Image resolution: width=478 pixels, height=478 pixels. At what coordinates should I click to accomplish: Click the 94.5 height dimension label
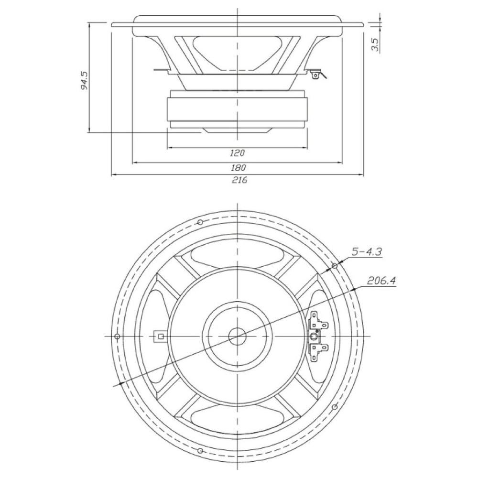(84, 81)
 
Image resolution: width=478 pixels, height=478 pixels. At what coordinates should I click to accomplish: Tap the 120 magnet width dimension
(237, 153)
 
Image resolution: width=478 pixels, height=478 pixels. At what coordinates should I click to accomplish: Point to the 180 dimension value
(239, 168)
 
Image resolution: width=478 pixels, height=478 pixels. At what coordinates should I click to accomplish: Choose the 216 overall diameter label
(239, 180)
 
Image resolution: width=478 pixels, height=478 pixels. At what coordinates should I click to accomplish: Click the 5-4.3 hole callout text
(367, 252)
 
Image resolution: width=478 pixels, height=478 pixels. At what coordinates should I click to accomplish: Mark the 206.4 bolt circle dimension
(381, 281)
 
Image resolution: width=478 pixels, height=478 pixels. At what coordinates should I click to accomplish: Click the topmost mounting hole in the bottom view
(200, 222)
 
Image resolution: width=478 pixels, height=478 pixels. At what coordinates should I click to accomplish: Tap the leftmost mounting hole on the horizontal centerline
(117, 336)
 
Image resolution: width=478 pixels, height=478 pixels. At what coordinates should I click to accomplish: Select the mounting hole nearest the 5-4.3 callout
(335, 266)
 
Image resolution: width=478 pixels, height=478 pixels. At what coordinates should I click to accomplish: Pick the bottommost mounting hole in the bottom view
(200, 451)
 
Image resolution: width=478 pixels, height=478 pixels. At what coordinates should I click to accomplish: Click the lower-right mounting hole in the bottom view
(335, 407)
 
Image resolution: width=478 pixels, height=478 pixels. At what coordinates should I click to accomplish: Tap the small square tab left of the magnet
(161, 337)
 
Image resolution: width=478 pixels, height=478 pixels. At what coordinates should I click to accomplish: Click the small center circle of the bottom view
(237, 337)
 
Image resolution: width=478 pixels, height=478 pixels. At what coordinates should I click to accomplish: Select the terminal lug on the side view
(316, 75)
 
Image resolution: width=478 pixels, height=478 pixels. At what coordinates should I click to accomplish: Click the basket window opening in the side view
(237, 53)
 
